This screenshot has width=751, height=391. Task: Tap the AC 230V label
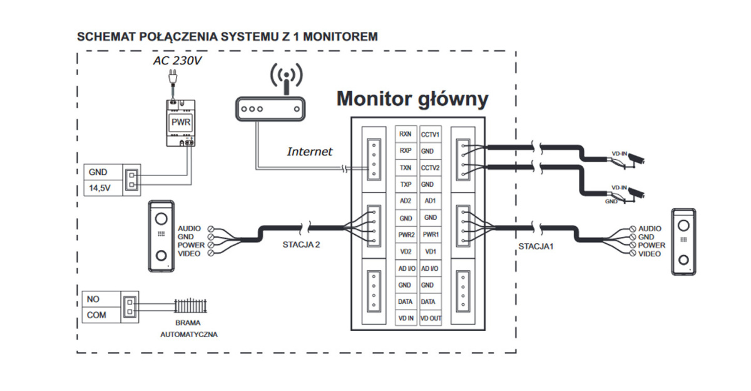point(178,61)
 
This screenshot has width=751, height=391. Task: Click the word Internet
point(310,152)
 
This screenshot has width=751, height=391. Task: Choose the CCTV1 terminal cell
point(431,134)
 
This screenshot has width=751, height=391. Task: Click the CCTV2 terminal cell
point(431,168)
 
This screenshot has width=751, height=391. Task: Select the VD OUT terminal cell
point(431,318)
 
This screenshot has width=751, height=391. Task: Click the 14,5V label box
point(103,187)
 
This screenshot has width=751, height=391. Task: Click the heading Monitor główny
point(412,98)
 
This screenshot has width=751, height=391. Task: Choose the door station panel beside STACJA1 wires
point(683,241)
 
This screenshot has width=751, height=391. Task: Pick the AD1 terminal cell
point(431,201)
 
